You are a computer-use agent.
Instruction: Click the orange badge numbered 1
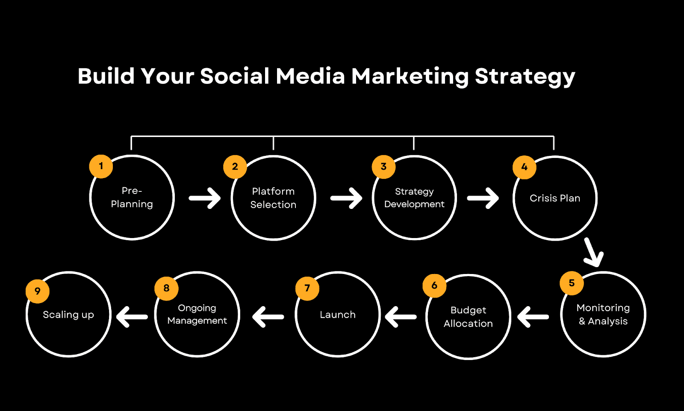tap(101, 167)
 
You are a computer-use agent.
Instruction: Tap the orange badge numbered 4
tap(524, 167)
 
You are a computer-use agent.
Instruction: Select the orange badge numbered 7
tap(307, 289)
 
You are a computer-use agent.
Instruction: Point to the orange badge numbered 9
tap(38, 291)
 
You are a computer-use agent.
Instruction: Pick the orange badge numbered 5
tap(572, 283)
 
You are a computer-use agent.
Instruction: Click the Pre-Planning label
tap(132, 197)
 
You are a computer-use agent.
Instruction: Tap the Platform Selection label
tap(273, 198)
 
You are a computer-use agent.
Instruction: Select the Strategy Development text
tap(414, 197)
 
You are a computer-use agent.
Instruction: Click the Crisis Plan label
tap(555, 198)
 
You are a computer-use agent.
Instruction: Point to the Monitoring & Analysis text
tap(603, 314)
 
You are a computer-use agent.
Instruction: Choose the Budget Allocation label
tap(468, 317)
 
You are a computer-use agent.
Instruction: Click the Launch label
tap(338, 315)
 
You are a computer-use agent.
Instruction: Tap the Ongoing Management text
tap(197, 314)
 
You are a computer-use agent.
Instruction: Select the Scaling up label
tap(68, 315)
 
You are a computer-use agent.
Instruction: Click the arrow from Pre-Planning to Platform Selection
tap(205, 198)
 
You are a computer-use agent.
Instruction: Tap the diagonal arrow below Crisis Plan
tap(593, 252)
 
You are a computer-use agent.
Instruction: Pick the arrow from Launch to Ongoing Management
tap(268, 317)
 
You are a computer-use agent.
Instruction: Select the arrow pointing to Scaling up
tap(132, 317)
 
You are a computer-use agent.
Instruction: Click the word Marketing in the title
tap(410, 77)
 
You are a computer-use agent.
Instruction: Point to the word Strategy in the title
tap(525, 77)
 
